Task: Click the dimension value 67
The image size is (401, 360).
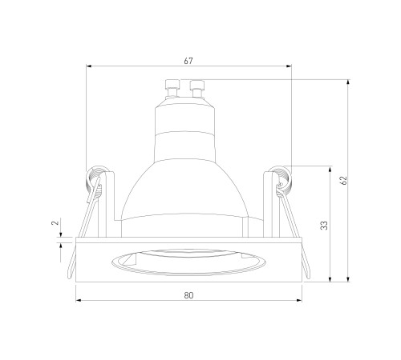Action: coord(188,61)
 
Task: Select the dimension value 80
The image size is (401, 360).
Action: coord(188,295)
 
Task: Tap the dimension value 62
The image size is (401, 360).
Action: coord(344,180)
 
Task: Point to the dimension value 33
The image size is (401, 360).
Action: coord(324,226)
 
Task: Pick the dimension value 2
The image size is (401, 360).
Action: coord(55,222)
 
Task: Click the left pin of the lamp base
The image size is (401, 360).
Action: coord(172,88)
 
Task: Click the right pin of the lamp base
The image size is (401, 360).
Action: coord(197,89)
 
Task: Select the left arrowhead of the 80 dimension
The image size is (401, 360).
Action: coord(79,300)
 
